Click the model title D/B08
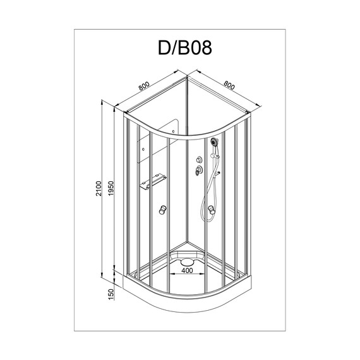(185, 48)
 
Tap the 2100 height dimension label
(99, 188)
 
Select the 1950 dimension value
(111, 188)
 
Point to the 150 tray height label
(111, 294)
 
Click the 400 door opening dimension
(187, 270)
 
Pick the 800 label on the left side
(144, 86)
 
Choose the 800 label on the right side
(229, 85)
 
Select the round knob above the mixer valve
(199, 159)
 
